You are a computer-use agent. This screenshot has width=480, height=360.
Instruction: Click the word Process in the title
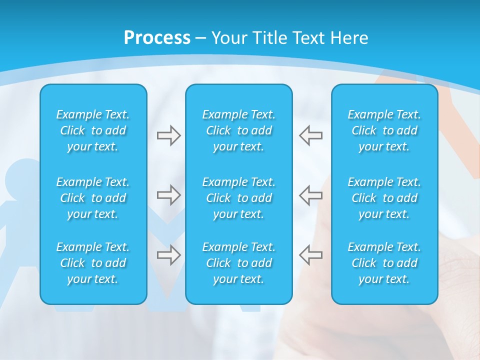click(x=157, y=38)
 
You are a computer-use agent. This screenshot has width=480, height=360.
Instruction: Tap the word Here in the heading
click(x=349, y=38)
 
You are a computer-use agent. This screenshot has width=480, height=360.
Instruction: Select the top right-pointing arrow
click(x=168, y=135)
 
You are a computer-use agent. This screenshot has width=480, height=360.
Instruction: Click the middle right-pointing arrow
click(x=168, y=195)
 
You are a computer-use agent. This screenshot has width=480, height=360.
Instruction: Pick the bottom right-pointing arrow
click(x=168, y=255)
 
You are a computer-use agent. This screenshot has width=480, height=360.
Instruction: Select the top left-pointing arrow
click(x=310, y=135)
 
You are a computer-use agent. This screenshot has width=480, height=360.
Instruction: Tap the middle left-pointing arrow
click(x=310, y=195)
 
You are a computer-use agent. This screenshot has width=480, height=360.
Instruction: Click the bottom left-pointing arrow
click(x=310, y=255)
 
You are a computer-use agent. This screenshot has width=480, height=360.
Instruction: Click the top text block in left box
click(x=93, y=130)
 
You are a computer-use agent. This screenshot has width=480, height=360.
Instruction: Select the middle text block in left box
click(x=93, y=198)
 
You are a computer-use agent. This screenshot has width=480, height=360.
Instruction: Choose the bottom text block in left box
click(x=93, y=263)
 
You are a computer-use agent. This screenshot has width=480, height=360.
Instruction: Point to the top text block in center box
click(x=238, y=130)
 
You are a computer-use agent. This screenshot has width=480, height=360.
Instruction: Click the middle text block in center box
click(x=238, y=198)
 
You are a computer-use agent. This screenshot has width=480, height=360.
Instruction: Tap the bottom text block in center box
click(x=238, y=263)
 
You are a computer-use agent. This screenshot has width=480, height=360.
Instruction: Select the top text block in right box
click(x=384, y=130)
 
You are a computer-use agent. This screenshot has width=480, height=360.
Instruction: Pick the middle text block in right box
click(x=384, y=198)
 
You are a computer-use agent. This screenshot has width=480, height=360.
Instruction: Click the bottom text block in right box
click(x=384, y=263)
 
